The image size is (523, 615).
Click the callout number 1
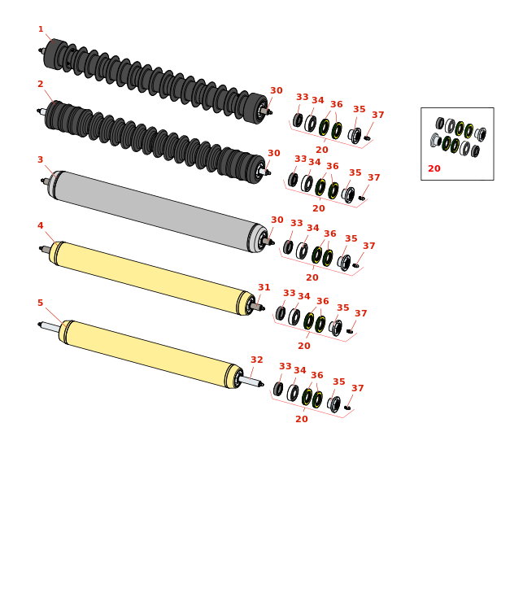(x=41, y=29)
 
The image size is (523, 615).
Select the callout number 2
(x=41, y=84)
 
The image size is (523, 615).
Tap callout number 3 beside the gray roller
(x=41, y=159)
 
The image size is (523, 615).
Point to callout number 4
(x=41, y=225)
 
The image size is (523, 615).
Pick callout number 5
(x=41, y=303)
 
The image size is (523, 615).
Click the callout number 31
(x=264, y=287)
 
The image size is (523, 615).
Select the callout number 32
(x=257, y=360)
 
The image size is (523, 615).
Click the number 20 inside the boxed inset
(x=434, y=168)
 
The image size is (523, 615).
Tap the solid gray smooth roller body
(x=157, y=211)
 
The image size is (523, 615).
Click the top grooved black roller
(x=155, y=81)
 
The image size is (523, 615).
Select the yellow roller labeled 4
(x=152, y=277)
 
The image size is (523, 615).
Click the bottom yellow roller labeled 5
(x=151, y=354)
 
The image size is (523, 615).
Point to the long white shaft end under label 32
(x=251, y=382)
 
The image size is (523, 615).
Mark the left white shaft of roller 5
(x=50, y=327)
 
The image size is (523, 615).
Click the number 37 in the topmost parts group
(x=378, y=115)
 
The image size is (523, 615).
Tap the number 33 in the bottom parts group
(x=285, y=366)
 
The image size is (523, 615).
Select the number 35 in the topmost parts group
(x=360, y=110)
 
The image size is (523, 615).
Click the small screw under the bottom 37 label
(x=347, y=408)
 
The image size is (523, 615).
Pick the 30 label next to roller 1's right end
(x=277, y=90)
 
